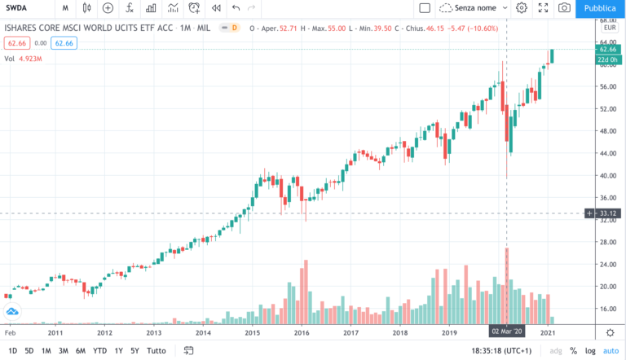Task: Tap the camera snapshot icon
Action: pos(563,8)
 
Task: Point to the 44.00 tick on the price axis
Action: pos(606,153)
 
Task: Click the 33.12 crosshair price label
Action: pos(606,213)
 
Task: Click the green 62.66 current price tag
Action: pos(606,49)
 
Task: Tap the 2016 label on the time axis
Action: pos(302,332)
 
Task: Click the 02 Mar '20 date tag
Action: pos(507,332)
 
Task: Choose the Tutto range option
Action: pos(156,351)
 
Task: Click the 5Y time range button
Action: pos(134,351)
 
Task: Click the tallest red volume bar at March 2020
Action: pos(507,285)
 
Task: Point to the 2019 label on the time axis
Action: pos(449,332)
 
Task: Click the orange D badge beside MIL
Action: pos(234,28)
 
